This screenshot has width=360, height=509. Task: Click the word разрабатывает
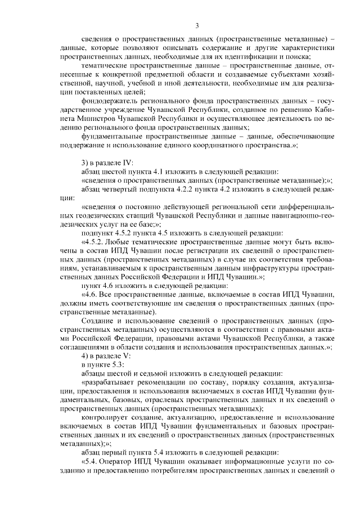[x=109, y=382]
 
